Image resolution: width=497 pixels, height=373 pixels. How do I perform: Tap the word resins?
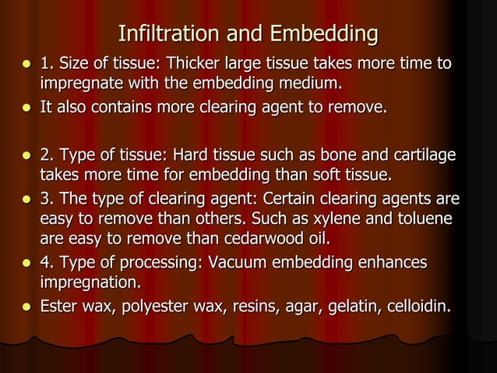[245, 307]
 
